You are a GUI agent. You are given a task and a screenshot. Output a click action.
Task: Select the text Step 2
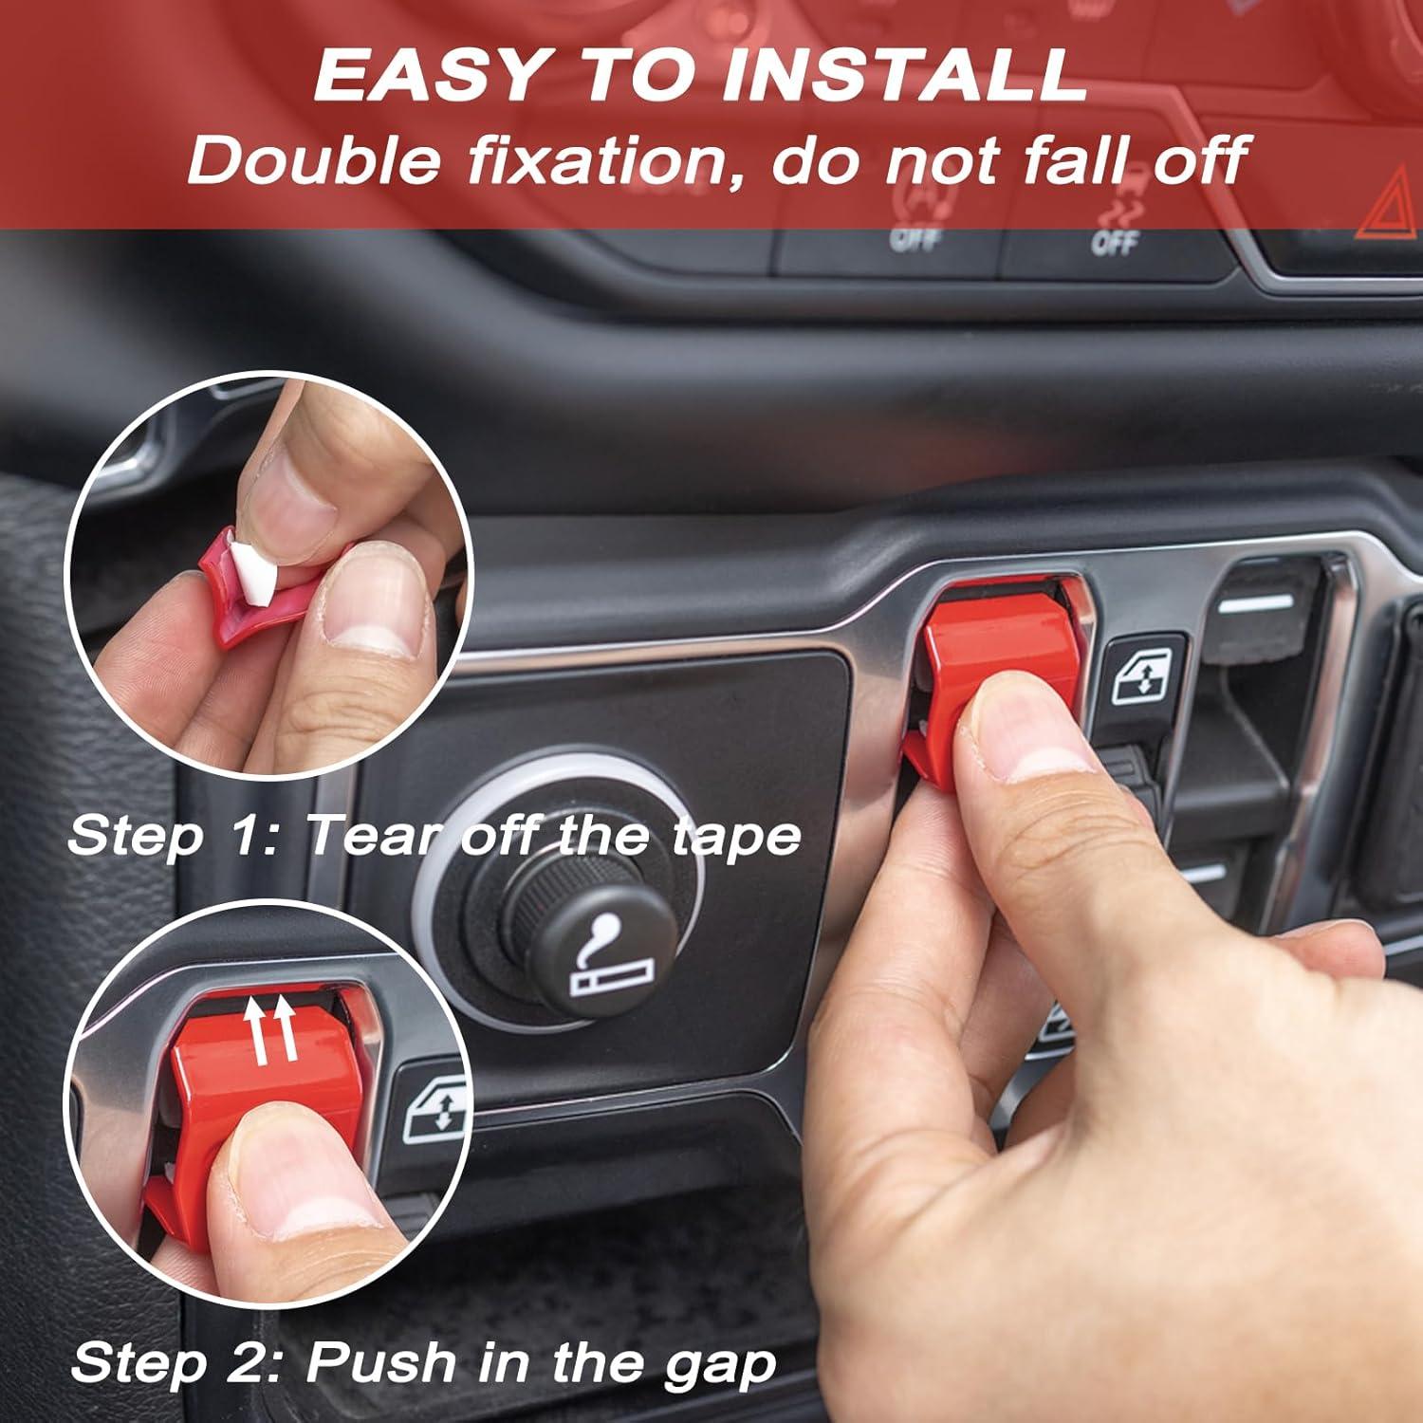[x=179, y=1362]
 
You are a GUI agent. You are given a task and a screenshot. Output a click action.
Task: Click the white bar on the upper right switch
[x=1256, y=600]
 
